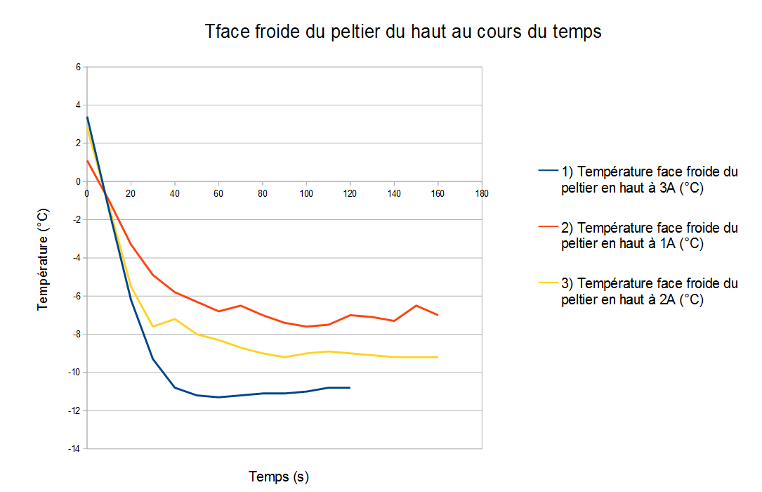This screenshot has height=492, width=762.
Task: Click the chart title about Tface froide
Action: (403, 32)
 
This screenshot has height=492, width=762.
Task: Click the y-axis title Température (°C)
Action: (43, 258)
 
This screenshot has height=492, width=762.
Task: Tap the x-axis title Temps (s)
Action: (279, 477)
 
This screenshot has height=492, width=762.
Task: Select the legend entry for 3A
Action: (650, 179)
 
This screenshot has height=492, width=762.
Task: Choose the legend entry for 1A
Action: (650, 235)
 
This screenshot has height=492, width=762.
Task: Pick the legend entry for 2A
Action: (650, 291)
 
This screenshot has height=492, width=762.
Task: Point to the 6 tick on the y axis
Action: (78, 67)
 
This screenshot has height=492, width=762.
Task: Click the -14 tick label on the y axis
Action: (75, 448)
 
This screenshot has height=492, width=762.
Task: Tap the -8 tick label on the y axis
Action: (77, 334)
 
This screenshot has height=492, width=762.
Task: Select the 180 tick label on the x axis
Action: (482, 193)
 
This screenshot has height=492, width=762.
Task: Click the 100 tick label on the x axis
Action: (306, 193)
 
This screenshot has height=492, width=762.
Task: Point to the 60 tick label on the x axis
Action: (218, 193)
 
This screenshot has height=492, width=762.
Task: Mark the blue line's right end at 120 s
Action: (350, 387)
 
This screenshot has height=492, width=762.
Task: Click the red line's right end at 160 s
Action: (438, 315)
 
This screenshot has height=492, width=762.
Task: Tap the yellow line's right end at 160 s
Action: (438, 357)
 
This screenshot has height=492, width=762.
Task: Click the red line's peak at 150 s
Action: (416, 305)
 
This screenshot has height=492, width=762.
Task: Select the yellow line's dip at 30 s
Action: (153, 326)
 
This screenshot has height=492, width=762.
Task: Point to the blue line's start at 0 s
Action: (87, 117)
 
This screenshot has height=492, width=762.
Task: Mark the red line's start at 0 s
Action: (87, 161)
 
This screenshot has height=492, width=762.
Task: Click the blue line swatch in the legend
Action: (548, 171)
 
